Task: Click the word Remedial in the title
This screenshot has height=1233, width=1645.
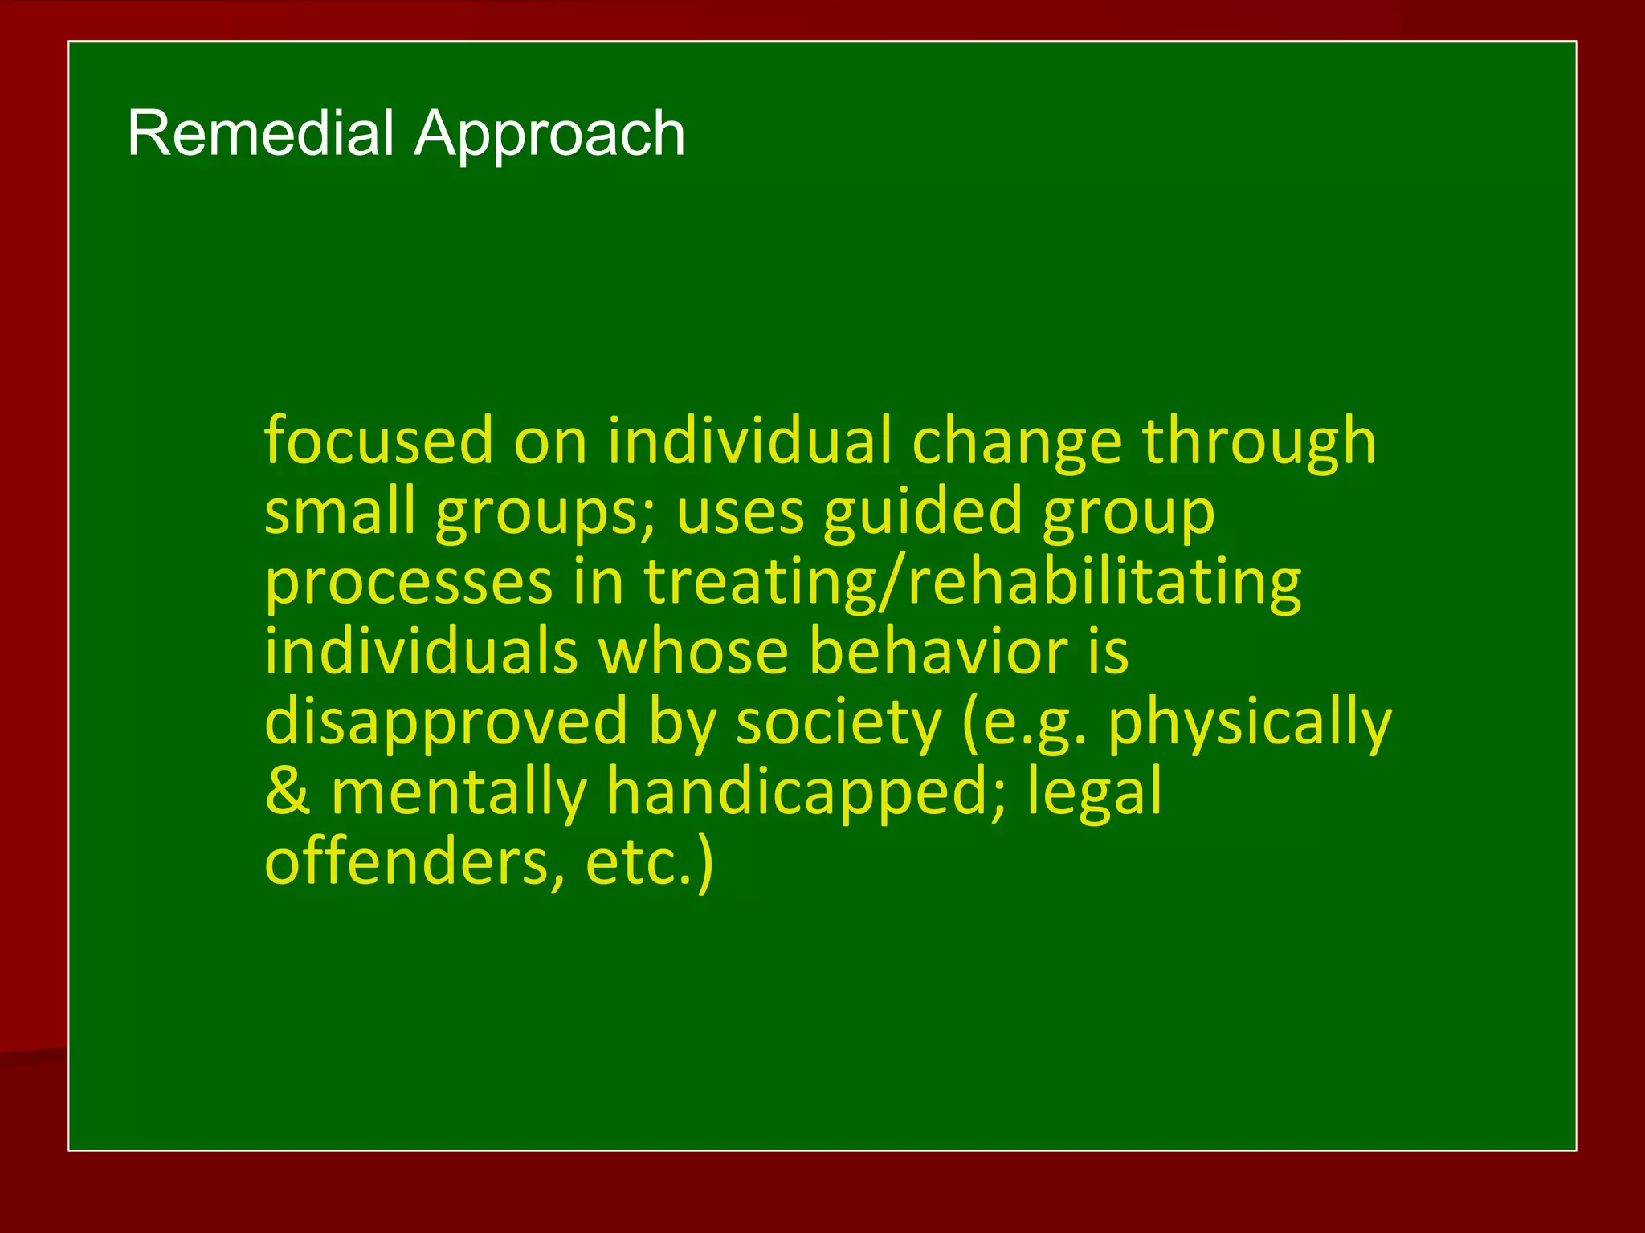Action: [260, 133]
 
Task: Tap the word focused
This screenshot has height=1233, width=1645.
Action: [378, 441]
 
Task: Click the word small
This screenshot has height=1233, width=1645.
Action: [340, 511]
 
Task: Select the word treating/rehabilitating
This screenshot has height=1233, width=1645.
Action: [972, 582]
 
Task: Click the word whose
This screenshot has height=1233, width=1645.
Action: [694, 651]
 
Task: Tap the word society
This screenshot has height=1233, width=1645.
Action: [838, 722]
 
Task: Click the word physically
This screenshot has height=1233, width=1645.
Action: [1249, 722]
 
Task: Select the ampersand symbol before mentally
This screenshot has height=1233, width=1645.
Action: [287, 791]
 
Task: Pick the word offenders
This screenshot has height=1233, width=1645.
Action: [414, 861]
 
